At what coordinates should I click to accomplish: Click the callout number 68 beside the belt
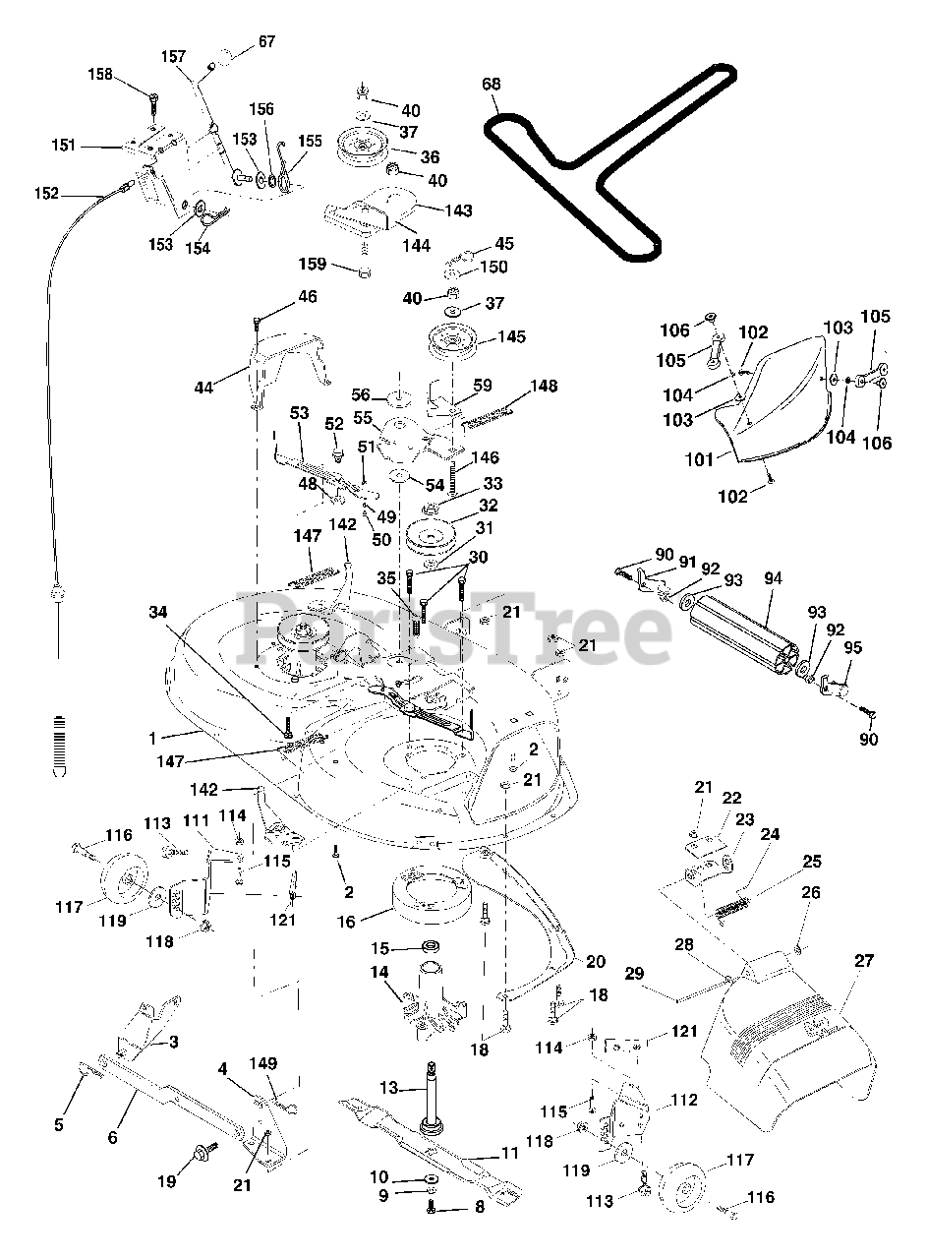coord(492,84)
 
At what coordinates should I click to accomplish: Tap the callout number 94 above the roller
coord(773,578)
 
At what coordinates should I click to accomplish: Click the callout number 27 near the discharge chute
coord(863,961)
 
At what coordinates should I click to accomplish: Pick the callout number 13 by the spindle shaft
coord(388,1088)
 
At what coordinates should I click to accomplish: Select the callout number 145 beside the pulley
coord(511,336)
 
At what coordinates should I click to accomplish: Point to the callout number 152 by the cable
coord(46,194)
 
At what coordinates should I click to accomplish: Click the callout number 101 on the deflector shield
coord(700,459)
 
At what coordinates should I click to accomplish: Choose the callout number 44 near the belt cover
coord(203,388)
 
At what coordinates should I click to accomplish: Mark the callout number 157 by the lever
coord(173,56)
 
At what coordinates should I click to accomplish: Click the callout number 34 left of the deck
coord(158,612)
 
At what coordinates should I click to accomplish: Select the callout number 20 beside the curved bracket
coord(596,962)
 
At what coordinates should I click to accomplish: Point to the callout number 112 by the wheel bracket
coord(684,1100)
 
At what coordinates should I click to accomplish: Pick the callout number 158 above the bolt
coord(100,74)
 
